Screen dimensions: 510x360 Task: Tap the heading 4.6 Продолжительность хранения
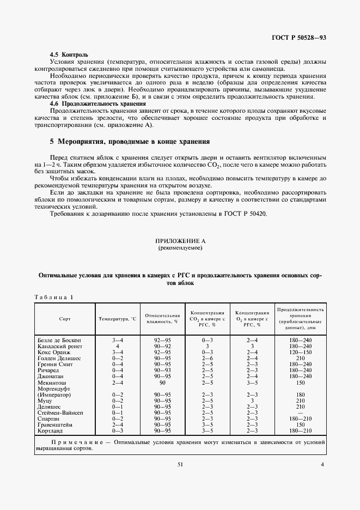pos(97,103)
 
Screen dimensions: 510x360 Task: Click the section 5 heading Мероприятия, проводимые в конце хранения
pos(130,141)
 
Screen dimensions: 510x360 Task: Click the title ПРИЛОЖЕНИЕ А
pos(180,241)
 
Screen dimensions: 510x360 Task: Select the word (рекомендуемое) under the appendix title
pos(180,247)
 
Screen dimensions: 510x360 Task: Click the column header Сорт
pos(65,318)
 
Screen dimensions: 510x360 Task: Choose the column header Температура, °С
pos(117,318)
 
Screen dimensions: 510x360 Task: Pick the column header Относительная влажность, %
pos(162,318)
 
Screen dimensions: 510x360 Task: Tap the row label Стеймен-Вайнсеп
pos(61,412)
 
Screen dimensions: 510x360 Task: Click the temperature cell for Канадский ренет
pos(117,346)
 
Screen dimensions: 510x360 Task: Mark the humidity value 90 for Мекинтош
pos(162,382)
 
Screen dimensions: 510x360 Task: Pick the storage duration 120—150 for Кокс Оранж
pos(300,352)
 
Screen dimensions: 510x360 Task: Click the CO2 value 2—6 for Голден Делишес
pos(207,358)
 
